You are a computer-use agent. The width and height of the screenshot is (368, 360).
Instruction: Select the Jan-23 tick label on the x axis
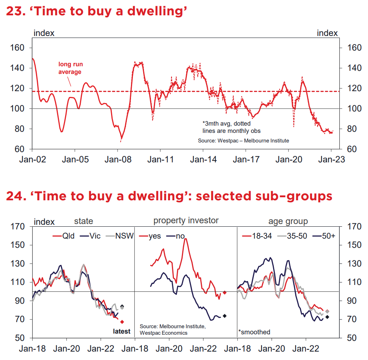pyautogui.click(x=330, y=159)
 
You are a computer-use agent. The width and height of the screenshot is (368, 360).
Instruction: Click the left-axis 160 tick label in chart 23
pyautogui.click(x=18, y=48)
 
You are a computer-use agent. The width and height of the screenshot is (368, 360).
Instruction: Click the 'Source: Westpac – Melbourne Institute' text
pyautogui.click(x=243, y=141)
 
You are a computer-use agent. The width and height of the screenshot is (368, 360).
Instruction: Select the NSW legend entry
pyautogui.click(x=120, y=236)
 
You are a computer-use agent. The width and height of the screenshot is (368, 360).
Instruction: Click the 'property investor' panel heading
pyautogui.click(x=186, y=221)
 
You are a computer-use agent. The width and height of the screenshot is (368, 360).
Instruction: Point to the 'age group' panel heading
pyautogui.click(x=288, y=221)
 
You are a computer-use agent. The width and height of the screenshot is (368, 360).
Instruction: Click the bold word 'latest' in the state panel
pyautogui.click(x=122, y=331)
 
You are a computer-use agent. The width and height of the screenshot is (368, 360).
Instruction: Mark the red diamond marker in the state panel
pyautogui.click(x=122, y=322)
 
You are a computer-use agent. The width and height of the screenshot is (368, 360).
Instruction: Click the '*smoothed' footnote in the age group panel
pyautogui.click(x=254, y=332)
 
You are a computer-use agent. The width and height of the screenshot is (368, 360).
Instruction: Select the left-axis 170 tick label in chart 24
pyautogui.click(x=18, y=227)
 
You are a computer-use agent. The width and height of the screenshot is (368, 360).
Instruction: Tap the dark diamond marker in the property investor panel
pyautogui.click(x=225, y=316)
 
